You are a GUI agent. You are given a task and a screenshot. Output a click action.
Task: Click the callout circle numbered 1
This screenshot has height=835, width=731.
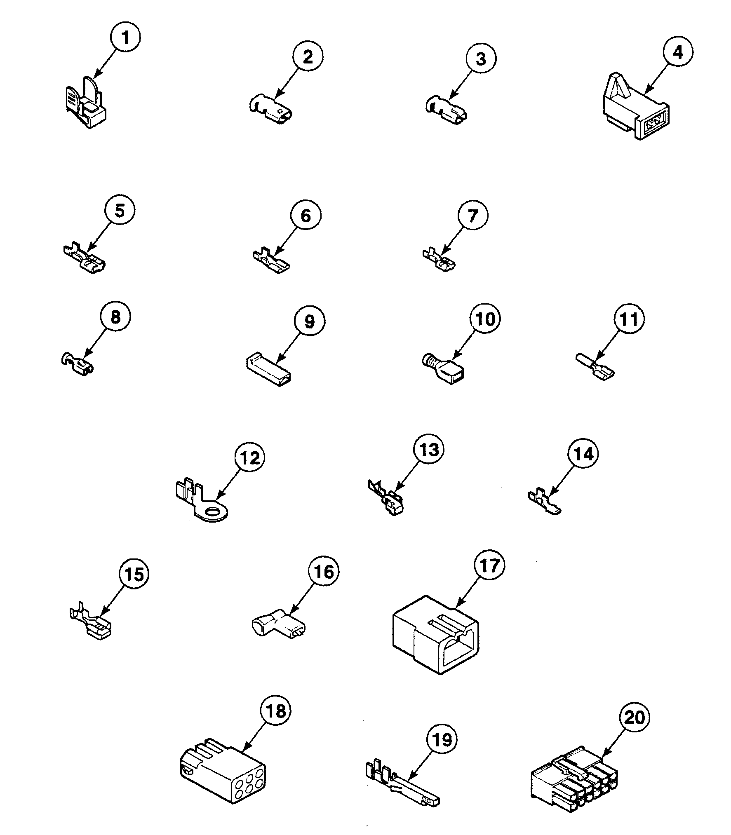tap(125, 38)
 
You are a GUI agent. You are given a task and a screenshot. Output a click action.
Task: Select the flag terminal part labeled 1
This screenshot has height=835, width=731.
tap(87, 103)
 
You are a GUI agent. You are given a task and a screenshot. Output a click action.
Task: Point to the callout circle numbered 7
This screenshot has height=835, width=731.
tap(473, 216)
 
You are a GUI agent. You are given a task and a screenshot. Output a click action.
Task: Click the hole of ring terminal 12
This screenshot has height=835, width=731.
tap(213, 512)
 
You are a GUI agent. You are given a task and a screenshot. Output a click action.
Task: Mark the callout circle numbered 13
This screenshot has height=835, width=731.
tap(429, 450)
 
